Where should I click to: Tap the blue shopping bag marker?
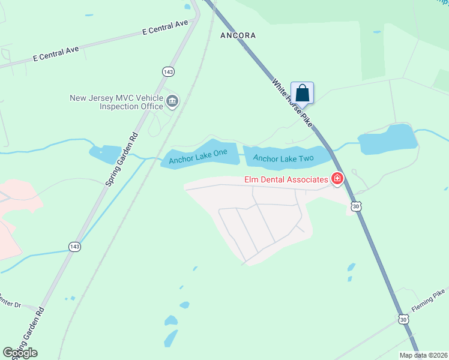[x=303, y=93]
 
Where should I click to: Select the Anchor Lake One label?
[x=197, y=157]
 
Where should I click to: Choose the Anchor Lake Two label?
[x=283, y=158]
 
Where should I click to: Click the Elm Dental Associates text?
[x=286, y=179]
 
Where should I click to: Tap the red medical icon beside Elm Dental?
[x=337, y=179]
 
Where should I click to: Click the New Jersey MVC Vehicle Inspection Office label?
[x=116, y=102]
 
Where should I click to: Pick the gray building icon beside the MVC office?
[x=172, y=101]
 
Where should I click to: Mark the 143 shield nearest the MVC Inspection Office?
[x=168, y=71]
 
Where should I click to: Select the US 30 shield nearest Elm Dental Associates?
[x=357, y=206]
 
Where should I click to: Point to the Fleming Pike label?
[x=428, y=300]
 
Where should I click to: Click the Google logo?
[x=20, y=353]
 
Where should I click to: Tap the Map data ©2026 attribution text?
[x=424, y=355]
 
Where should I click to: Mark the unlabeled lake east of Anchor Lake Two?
[x=388, y=139]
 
